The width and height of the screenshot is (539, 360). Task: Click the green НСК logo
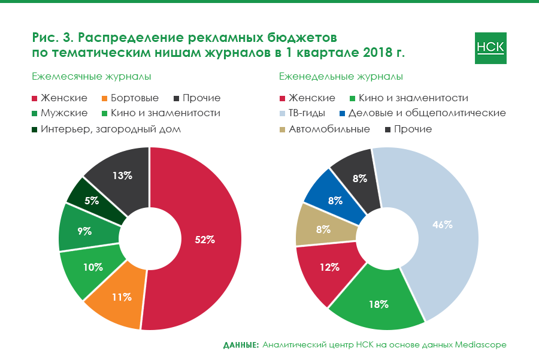tap(490, 47)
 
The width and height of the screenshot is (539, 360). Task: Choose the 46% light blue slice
tap(442, 226)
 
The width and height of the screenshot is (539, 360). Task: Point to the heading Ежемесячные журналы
tap(91, 77)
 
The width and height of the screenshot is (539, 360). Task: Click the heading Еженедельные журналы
tap(341, 77)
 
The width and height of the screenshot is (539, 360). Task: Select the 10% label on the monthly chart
tap(93, 267)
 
